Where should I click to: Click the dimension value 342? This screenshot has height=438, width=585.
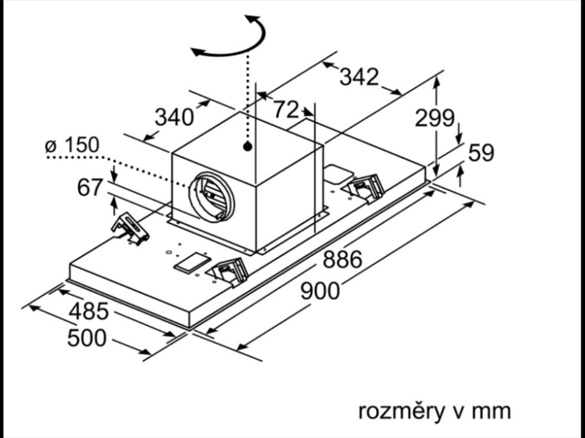click(359, 77)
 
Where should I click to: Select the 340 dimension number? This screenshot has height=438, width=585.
click(174, 117)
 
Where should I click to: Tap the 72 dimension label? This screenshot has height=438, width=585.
click(286, 109)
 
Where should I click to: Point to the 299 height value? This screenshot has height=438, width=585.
click(434, 118)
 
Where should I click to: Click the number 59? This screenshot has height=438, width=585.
click(481, 153)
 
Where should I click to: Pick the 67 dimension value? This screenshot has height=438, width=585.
click(90, 188)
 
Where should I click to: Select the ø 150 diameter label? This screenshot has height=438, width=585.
click(73, 145)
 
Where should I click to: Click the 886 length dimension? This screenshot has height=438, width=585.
click(342, 259)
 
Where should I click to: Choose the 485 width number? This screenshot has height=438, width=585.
click(89, 310)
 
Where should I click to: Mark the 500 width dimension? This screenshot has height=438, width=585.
click(87, 338)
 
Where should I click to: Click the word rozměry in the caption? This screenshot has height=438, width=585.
click(401, 411)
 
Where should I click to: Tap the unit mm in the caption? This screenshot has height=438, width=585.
click(492, 411)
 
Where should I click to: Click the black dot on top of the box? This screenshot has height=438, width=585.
click(248, 145)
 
